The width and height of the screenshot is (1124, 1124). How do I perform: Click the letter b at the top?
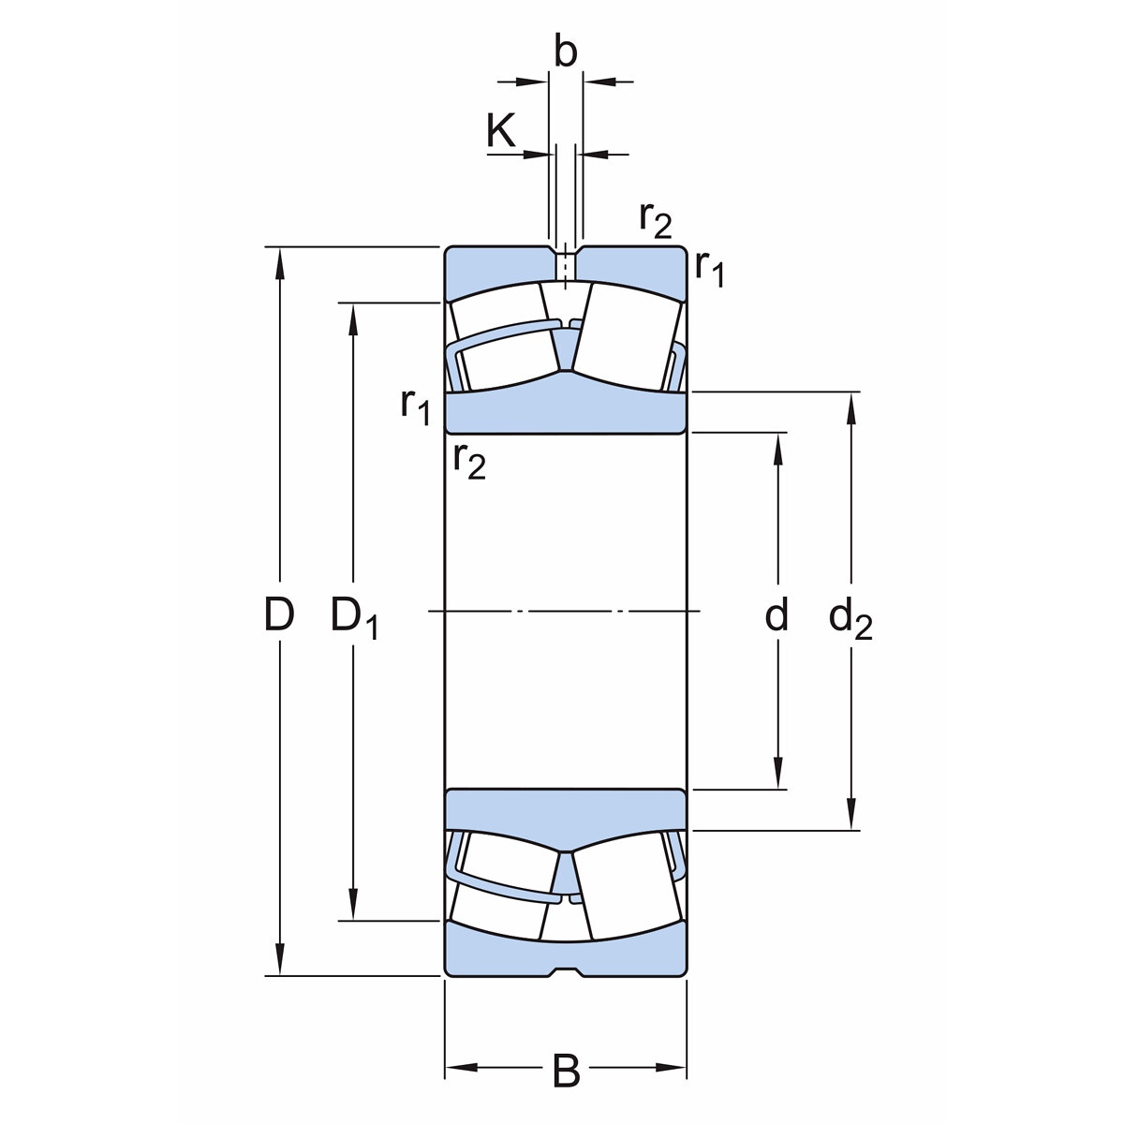tap(565, 52)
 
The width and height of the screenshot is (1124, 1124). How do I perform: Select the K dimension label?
tap(500, 129)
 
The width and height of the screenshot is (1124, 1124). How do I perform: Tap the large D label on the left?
tap(279, 614)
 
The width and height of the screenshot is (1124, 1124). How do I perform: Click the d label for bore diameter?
tap(776, 614)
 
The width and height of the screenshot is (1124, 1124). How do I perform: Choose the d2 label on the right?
tap(850, 618)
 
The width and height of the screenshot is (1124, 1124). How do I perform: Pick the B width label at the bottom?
tap(566, 1070)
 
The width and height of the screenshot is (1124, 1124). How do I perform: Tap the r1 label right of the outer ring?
tap(709, 270)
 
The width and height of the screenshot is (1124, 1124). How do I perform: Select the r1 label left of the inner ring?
tap(415, 407)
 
